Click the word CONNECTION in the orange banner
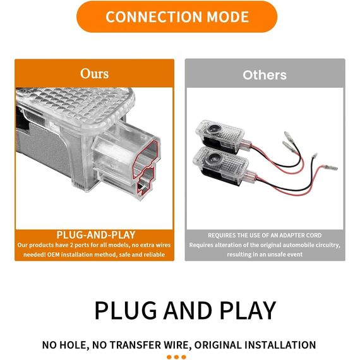[x=154, y=17]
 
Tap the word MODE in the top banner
[x=228, y=17]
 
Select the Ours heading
[x=94, y=74]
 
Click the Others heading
[x=265, y=75]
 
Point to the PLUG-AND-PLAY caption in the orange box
[x=96, y=235]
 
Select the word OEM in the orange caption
[x=53, y=255]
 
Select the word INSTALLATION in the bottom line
[x=280, y=345]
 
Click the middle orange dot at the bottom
[x=176, y=357]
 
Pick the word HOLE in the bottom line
[x=73, y=345]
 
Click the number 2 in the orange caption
[x=71, y=245]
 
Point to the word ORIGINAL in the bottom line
[x=217, y=345]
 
